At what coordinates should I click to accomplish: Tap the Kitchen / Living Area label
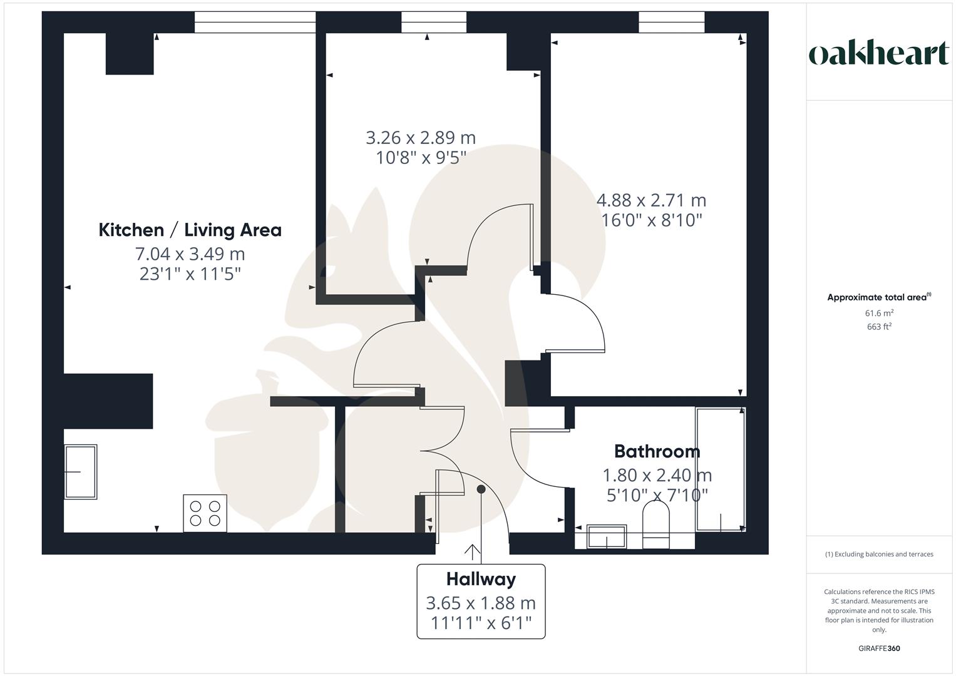[x=190, y=230]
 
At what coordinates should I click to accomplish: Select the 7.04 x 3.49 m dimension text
[x=190, y=254]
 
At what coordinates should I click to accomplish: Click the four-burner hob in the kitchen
[x=205, y=513]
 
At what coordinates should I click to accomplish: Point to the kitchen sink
[x=81, y=471]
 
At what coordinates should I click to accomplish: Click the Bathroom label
[x=657, y=451]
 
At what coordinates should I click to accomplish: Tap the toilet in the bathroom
[x=656, y=524]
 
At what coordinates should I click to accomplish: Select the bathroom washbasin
[x=607, y=536]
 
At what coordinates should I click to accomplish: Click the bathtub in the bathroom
[x=721, y=469]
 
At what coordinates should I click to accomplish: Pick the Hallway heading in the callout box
[x=481, y=579]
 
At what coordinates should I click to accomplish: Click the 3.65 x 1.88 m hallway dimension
[x=481, y=603]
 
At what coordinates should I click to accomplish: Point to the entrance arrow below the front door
[x=471, y=552]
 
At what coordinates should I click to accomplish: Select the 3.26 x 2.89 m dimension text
[x=421, y=138]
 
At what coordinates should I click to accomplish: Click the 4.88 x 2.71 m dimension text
[x=651, y=200]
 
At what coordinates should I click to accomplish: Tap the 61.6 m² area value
[x=879, y=313]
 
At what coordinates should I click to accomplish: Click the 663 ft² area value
[x=879, y=327]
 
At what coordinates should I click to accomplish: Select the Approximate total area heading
[x=879, y=297]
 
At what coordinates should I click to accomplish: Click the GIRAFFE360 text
[x=879, y=648]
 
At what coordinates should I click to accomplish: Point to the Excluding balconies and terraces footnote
[x=879, y=554]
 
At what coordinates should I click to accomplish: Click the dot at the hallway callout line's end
[x=481, y=489]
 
